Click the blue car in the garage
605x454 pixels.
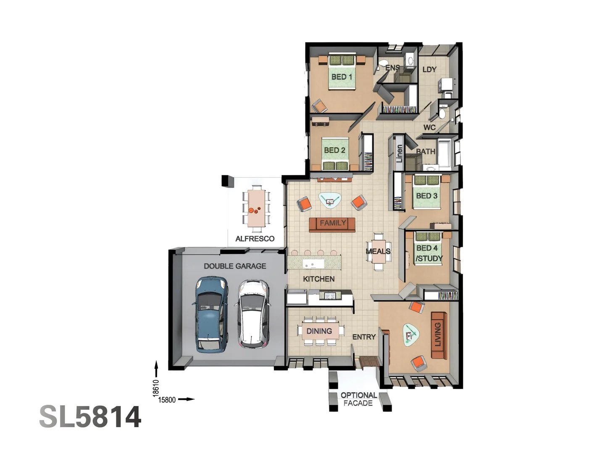[211, 314]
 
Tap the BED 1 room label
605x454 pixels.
[342, 77]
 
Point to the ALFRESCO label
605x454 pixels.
[255, 238]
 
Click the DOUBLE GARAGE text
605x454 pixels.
[235, 266]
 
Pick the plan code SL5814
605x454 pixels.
[90, 417]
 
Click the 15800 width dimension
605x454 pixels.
[167, 400]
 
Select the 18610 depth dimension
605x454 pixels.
[156, 388]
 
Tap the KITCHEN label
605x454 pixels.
[318, 279]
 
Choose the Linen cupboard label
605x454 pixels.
[399, 153]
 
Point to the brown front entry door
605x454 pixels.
[368, 362]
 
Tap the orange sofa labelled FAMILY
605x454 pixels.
[332, 224]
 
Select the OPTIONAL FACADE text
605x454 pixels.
[358, 399]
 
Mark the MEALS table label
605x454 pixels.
[378, 251]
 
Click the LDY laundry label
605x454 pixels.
[429, 69]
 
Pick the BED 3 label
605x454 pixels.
[427, 196]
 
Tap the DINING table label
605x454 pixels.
[319, 331]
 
